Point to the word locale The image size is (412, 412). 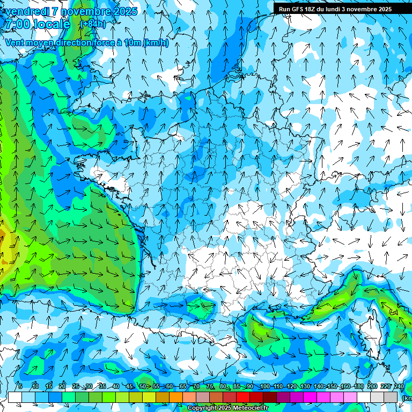[x=51, y=24]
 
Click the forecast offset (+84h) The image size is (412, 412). [x=93, y=24]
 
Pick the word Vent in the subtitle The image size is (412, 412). [x=14, y=43]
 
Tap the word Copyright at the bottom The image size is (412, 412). [x=202, y=408]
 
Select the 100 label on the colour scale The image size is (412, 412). [x=264, y=386]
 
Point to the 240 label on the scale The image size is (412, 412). [x=399, y=386]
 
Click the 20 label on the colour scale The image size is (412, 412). [x=62, y=386]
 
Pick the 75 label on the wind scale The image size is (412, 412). [x=210, y=386]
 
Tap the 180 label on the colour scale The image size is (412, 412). [x=358, y=386]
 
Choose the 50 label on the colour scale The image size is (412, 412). [x=143, y=386]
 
